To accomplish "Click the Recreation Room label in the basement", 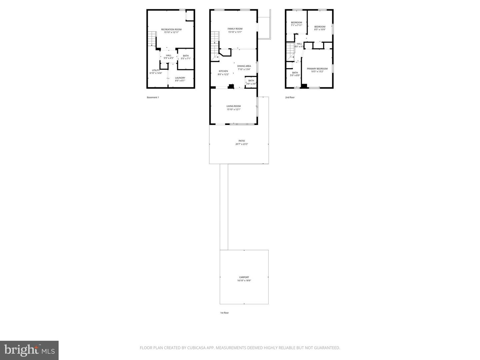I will click(x=171, y=30).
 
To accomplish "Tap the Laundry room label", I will click(x=180, y=78).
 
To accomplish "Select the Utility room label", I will click(x=156, y=70).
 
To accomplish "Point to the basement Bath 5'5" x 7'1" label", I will click(x=186, y=56).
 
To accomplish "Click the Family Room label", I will click(x=235, y=29).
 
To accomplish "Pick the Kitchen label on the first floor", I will click(x=223, y=71).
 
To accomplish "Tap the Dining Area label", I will click(x=244, y=66).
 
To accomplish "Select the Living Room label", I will click(x=233, y=106).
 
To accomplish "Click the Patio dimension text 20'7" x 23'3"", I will click(x=242, y=144).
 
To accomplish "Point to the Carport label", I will click(x=244, y=277).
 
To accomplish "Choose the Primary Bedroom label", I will click(x=317, y=69).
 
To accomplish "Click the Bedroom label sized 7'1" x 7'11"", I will click(x=296, y=23).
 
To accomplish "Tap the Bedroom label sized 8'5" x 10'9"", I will click(x=320, y=27).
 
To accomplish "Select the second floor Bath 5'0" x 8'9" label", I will click(x=295, y=73).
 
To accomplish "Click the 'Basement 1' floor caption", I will click(x=153, y=97).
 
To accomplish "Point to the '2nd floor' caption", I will click(x=290, y=97).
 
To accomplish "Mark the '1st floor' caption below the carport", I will click(x=224, y=313).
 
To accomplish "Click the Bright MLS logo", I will click(x=29, y=350).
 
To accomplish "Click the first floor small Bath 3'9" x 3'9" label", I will click(x=251, y=81).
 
